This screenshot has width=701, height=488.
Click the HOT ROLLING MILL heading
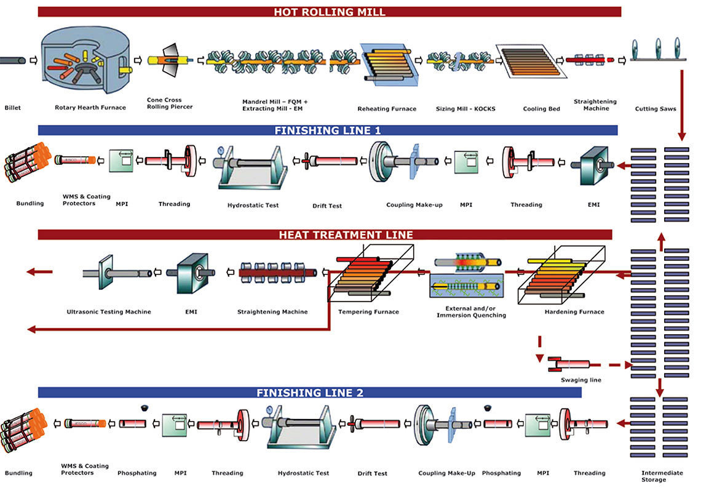coord(329,12)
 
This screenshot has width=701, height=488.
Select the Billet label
coord(12,108)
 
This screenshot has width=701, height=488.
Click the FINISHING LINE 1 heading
coord(328,130)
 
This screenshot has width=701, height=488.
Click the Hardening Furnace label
coord(574,311)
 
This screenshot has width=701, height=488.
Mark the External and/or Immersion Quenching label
coord(471,311)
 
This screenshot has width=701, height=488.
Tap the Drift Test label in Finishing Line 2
coord(372,473)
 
